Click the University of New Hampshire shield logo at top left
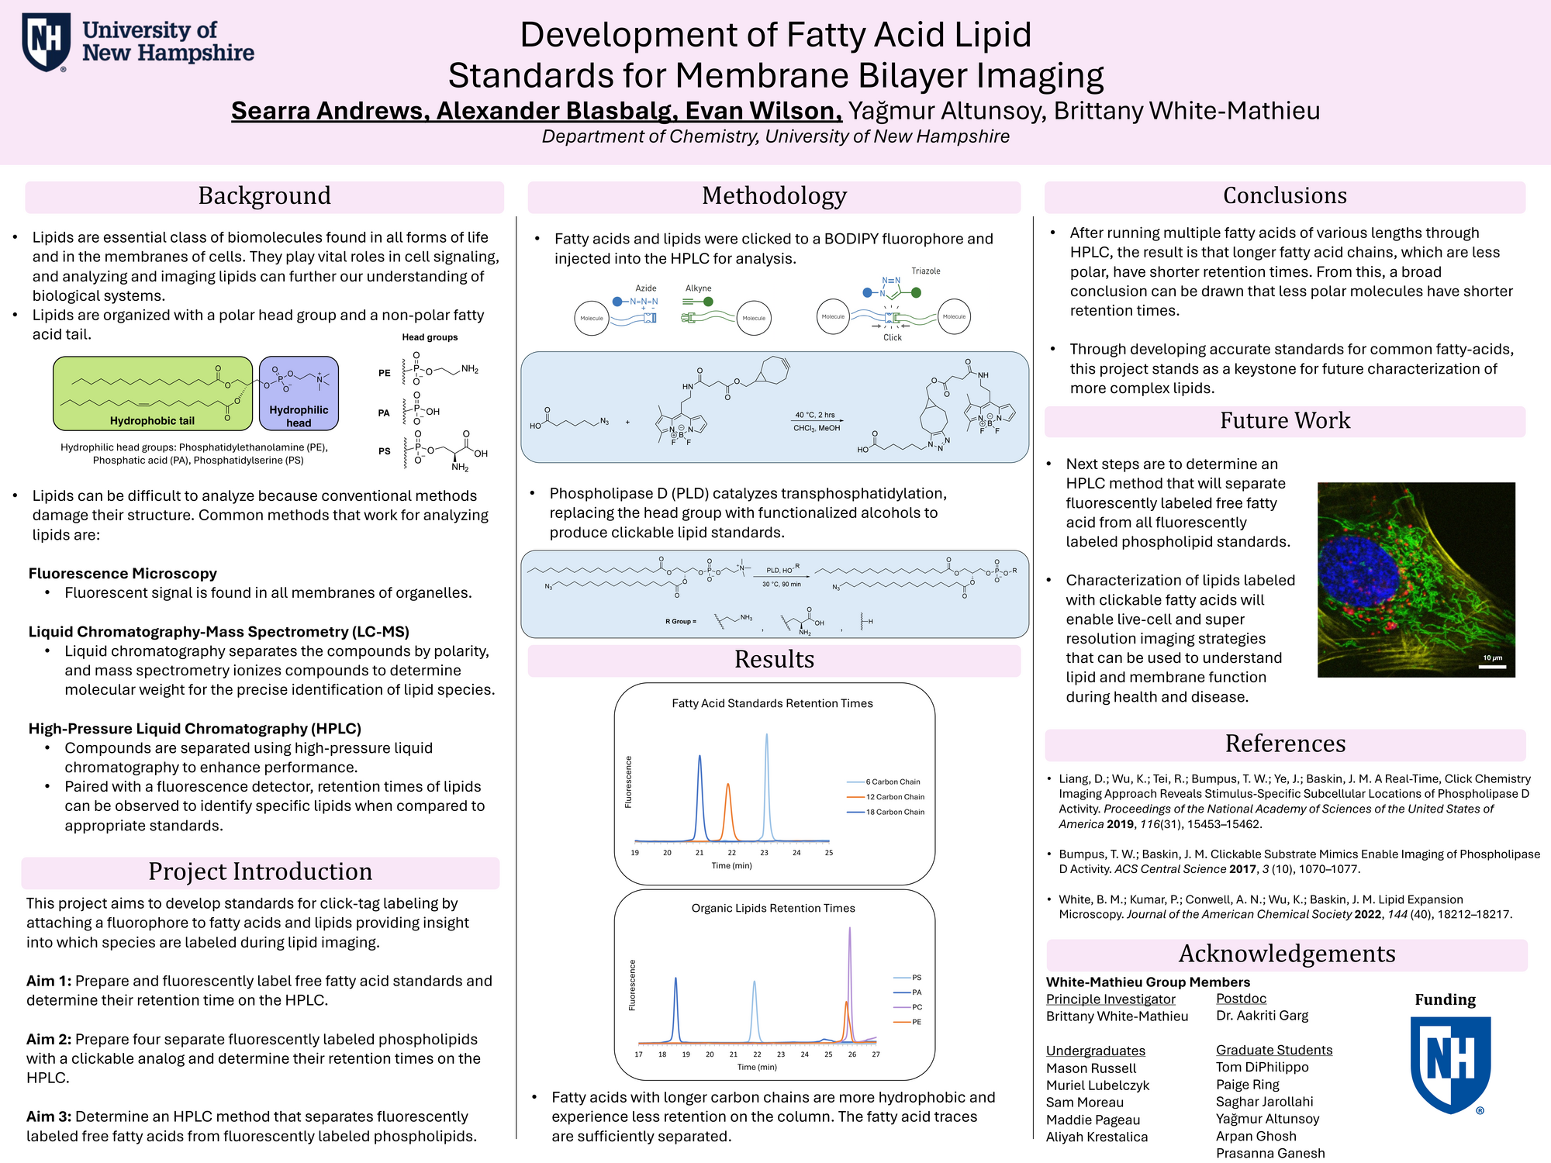pyautogui.click(x=47, y=42)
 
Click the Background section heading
pyautogui.click(x=264, y=196)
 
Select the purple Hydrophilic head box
pyautogui.click(x=299, y=393)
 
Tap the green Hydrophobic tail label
pyautogui.click(x=152, y=421)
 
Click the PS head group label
pyautogui.click(x=384, y=451)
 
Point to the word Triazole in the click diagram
pyautogui.click(x=926, y=271)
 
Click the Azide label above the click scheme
pyautogui.click(x=646, y=288)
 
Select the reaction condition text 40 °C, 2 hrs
pyautogui.click(x=815, y=416)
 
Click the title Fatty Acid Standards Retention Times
pyautogui.click(x=772, y=704)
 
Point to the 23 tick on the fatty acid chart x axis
pyautogui.click(x=764, y=853)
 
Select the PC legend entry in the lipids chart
pyautogui.click(x=917, y=1007)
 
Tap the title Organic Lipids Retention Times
pyautogui.click(x=773, y=909)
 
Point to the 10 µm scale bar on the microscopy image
pyautogui.click(x=1492, y=665)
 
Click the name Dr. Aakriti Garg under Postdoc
pyautogui.click(x=1262, y=1016)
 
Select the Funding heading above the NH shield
pyautogui.click(x=1445, y=1000)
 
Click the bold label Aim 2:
pyautogui.click(x=49, y=1040)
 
